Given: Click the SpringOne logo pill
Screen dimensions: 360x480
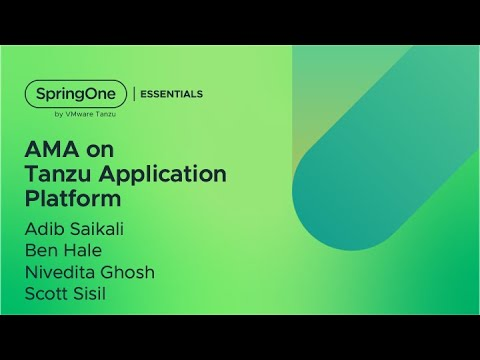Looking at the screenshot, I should click(76, 93).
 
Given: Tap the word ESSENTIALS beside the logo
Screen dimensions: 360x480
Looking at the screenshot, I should click(170, 94).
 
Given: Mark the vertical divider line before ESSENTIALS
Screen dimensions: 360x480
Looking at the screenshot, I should click(135, 94).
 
